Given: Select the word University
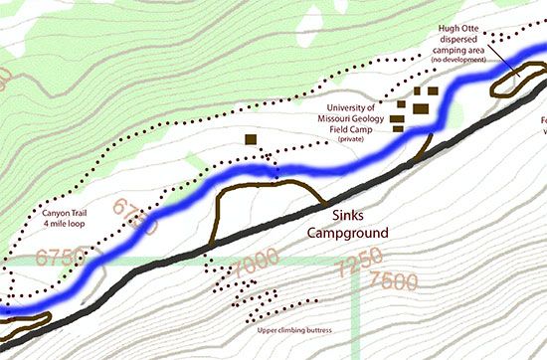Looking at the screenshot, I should (343, 107).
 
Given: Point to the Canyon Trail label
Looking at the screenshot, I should (66, 211).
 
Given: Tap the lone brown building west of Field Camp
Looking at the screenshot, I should (251, 140).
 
